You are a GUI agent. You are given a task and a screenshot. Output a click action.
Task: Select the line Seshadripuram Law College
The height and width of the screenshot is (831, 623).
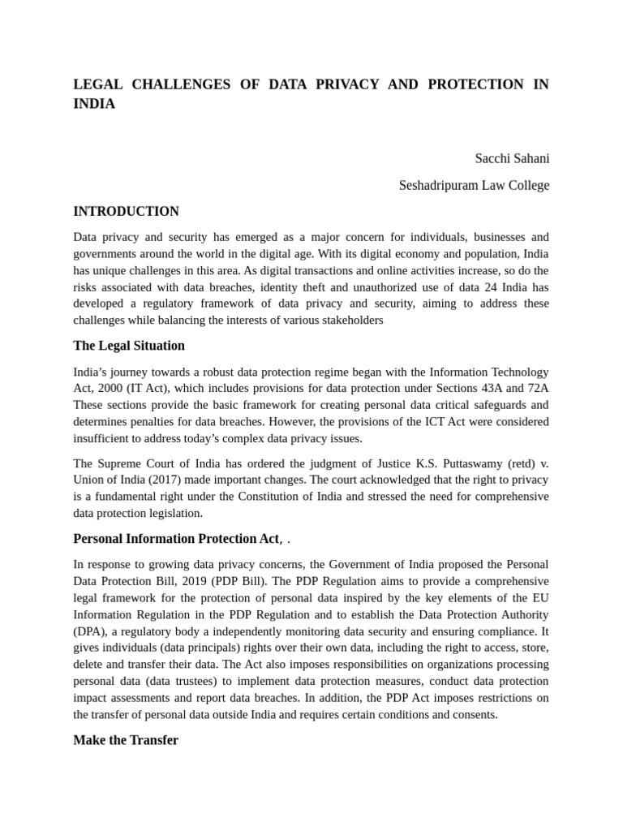click(x=474, y=185)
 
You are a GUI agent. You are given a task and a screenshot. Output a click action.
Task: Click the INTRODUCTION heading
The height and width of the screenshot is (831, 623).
click(x=126, y=211)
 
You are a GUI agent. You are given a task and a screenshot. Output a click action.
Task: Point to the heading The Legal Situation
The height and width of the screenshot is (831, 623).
click(x=129, y=346)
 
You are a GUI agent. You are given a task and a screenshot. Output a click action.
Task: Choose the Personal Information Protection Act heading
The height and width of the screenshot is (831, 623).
click(x=176, y=539)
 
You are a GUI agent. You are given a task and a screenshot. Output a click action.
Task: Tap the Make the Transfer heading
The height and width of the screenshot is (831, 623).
click(x=126, y=740)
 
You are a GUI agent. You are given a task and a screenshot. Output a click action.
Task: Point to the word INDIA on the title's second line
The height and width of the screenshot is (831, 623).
click(x=94, y=105)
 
